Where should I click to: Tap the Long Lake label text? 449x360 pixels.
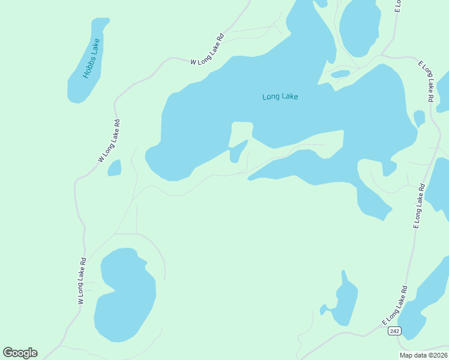280,97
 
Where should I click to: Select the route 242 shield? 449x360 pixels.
394,331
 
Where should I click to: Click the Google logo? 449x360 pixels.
20,353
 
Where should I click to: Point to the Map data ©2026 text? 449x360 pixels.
422,355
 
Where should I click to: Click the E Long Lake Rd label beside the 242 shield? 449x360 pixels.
396,306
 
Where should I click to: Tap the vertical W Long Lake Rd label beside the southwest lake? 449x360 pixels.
82,281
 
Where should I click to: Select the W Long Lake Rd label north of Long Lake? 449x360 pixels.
207,49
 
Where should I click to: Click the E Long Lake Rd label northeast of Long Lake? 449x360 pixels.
426,82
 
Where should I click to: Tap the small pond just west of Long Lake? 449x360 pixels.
114,168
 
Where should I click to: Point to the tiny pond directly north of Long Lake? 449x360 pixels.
340,74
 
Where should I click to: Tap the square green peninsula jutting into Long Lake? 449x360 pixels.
241,132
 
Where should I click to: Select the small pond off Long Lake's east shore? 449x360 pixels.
419,118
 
